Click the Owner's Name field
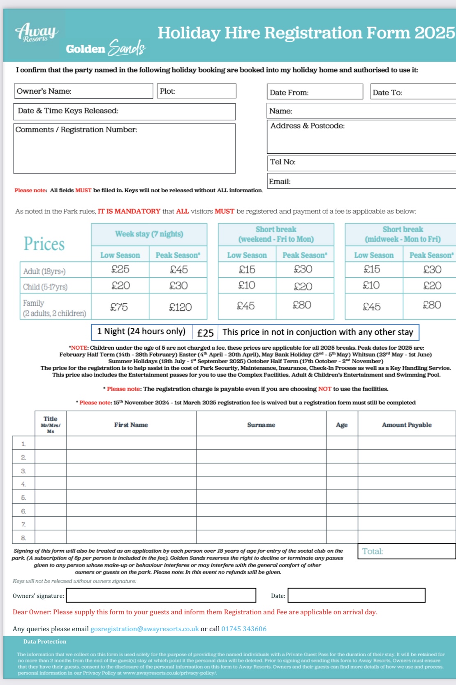coord(83,91)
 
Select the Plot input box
coord(197,91)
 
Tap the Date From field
coord(315,92)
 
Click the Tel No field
coord(362,162)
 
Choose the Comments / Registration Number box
coord(124,149)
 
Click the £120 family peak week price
coord(181,307)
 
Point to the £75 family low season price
coord(119,307)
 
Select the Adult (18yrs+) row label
coord(44,271)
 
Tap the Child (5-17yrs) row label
coord(45,287)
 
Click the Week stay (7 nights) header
coord(149,234)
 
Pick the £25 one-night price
coord(205,332)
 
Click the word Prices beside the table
coord(44,244)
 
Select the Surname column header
coord(261,425)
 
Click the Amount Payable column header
coord(407,425)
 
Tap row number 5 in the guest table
coord(23,498)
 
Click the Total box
coord(406,551)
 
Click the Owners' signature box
coord(161,595)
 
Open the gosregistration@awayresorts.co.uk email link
coord(145,629)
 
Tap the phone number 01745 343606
coord(244,629)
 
